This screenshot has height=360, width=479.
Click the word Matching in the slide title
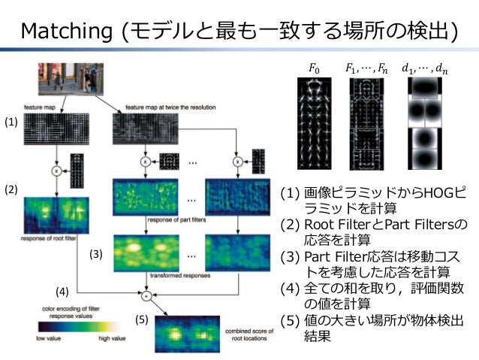(68, 31)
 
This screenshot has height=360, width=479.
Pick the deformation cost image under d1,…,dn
(426, 123)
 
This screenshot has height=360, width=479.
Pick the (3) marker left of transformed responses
(95, 255)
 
